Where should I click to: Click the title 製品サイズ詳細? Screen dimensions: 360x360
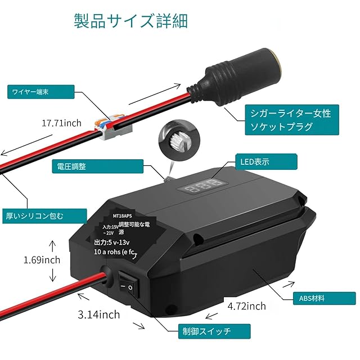click(x=130, y=21)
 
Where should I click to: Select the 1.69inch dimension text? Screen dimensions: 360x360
click(x=42, y=260)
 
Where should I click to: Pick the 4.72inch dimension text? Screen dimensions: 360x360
click(x=247, y=306)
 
